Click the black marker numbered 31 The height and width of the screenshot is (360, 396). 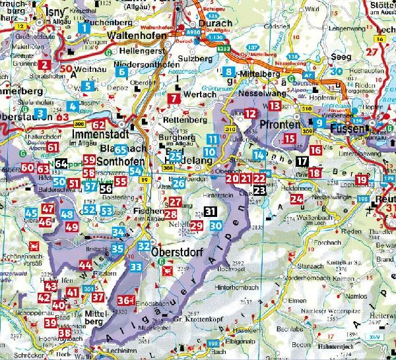click(210, 212)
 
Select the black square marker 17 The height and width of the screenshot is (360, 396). click(302, 161)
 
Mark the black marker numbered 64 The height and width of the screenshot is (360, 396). click(61, 164)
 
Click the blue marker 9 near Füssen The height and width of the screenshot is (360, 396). click(319, 122)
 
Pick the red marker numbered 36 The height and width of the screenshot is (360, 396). click(123, 301)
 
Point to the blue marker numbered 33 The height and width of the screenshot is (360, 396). click(136, 266)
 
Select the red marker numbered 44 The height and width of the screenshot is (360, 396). click(85, 266)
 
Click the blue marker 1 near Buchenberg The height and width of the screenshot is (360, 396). click(86, 27)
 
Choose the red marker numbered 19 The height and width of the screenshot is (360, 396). click(362, 180)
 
